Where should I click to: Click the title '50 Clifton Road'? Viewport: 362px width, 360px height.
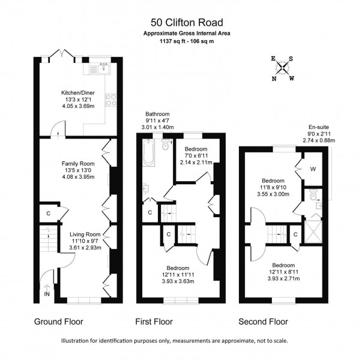point(187,23)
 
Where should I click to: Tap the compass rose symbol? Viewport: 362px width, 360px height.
point(283,68)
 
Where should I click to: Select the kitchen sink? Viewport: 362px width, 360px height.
point(104,68)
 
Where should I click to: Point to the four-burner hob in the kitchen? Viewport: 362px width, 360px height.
point(111,100)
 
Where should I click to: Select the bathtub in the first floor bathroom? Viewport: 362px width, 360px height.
point(148,152)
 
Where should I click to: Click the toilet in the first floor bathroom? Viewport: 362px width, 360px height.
point(166,145)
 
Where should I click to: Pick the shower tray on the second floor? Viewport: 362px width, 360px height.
point(313,232)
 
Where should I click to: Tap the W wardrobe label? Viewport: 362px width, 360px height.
point(313,169)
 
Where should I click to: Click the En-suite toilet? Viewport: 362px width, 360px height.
point(313,195)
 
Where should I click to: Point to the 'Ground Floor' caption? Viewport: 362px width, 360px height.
point(59,322)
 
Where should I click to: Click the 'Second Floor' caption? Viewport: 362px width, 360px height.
point(263,322)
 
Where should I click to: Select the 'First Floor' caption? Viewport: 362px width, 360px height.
point(154,322)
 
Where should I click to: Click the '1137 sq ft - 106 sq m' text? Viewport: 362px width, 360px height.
point(187,41)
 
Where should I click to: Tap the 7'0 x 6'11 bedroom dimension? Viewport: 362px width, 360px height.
point(196,156)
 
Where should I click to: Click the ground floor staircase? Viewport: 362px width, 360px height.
point(49,239)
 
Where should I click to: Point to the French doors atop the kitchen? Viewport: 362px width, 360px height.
point(62,53)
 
